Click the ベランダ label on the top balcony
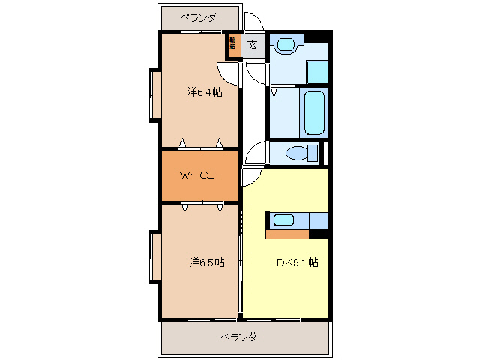198,17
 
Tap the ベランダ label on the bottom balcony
238,337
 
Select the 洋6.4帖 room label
204,92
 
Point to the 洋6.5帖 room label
205,262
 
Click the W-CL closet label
197,176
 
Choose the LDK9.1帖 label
294,262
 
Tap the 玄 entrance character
252,45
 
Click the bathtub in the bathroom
314,112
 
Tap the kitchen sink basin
283,220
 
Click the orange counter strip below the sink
287,235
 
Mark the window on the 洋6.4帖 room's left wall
156,94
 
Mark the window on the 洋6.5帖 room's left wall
156,258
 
